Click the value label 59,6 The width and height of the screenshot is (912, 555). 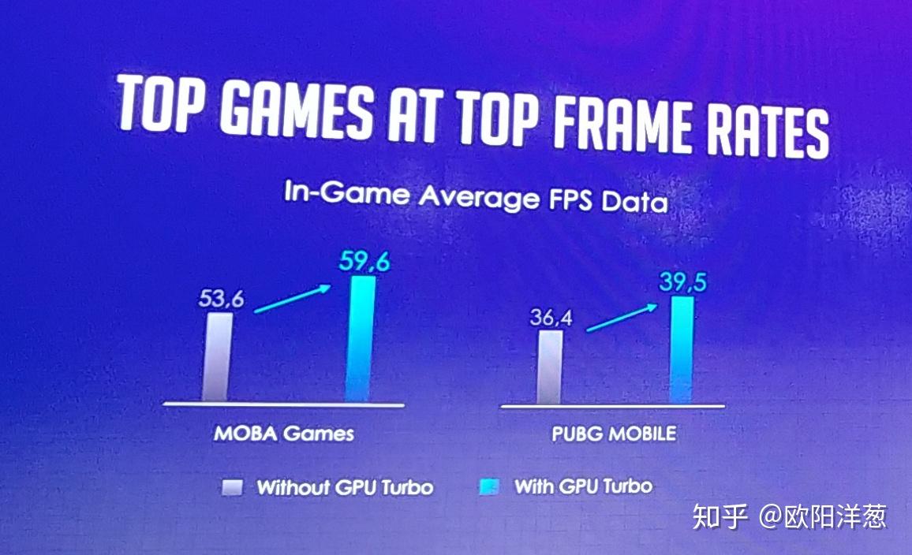click(x=364, y=262)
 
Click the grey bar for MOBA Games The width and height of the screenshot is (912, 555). click(x=219, y=356)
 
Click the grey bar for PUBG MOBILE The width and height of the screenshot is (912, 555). click(x=550, y=367)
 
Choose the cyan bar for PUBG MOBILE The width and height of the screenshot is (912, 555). click(x=682, y=350)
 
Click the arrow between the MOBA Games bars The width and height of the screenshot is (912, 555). click(x=293, y=299)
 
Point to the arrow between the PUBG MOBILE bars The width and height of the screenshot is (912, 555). click(x=619, y=319)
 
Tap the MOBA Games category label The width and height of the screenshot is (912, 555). click(x=283, y=433)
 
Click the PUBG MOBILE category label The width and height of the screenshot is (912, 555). click(x=613, y=433)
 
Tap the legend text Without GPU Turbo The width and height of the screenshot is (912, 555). click(x=345, y=487)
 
